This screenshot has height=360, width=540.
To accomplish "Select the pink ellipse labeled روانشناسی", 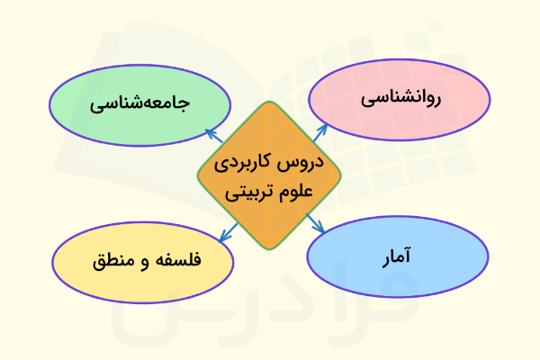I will click(400, 100).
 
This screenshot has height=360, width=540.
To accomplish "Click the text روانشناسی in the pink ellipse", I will click(400, 100).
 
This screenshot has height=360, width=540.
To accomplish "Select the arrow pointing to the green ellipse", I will click(214, 136).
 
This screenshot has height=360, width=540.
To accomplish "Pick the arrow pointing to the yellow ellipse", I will click(226, 232).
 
